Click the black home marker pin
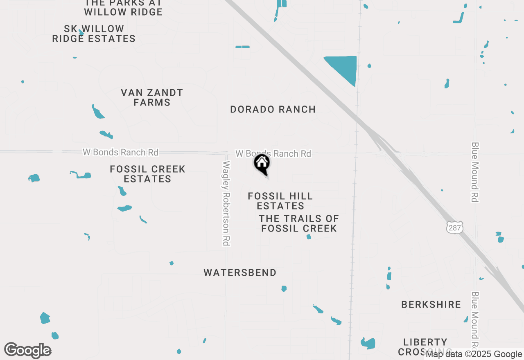coord(262,164)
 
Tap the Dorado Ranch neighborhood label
coord(273,109)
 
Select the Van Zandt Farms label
coord(152,97)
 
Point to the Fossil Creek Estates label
coord(147,174)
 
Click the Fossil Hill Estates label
coord(280,201)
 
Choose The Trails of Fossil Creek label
coord(299,223)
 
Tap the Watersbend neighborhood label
coord(240,272)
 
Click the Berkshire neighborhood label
coord(431,304)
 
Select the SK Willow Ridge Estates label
coord(94,34)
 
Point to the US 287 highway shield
coord(454,227)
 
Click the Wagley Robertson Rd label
coord(226,203)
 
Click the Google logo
coord(27,350)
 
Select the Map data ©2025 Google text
coord(474,354)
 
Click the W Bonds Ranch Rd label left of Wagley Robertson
coord(120,152)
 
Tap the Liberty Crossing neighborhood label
coord(425,346)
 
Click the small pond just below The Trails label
coord(309,236)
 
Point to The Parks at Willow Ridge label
coord(123,7)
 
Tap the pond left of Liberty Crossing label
coord(368,343)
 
